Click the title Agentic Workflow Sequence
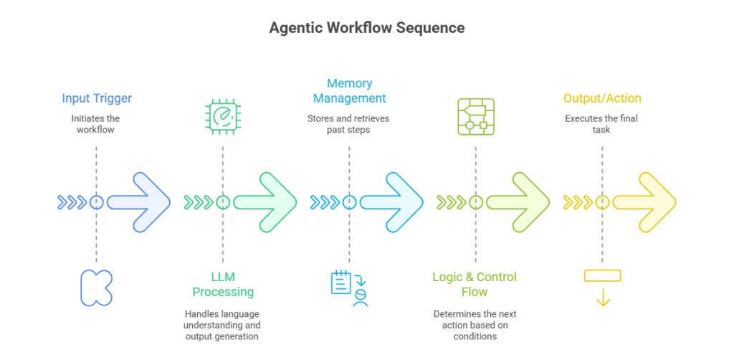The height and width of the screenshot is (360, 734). (366, 28)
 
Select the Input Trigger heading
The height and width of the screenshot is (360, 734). (97, 98)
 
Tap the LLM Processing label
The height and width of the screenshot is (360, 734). (222, 285)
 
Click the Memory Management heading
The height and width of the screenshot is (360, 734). (349, 91)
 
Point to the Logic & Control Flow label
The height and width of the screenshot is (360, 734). (475, 285)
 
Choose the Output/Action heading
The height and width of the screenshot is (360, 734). (602, 98)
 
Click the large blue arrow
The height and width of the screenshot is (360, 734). (140, 202)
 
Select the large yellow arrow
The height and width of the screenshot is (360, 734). (645, 202)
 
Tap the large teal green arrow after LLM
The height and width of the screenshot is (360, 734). (265, 202)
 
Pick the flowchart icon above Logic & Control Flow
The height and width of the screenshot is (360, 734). (475, 116)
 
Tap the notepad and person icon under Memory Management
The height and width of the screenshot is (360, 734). (349, 288)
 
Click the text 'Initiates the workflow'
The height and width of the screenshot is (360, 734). (97, 123)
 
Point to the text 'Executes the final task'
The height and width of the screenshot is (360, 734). (602, 123)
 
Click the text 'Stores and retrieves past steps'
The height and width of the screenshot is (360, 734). (349, 123)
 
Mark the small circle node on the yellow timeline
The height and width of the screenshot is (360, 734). (602, 202)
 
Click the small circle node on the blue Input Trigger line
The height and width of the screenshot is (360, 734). (97, 202)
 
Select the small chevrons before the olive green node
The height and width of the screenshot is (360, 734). (451, 202)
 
